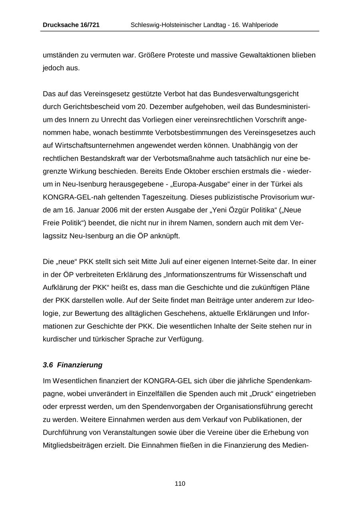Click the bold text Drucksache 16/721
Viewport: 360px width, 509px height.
point(71,25)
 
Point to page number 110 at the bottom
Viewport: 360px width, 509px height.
point(180,484)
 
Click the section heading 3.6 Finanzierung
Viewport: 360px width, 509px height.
point(72,365)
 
